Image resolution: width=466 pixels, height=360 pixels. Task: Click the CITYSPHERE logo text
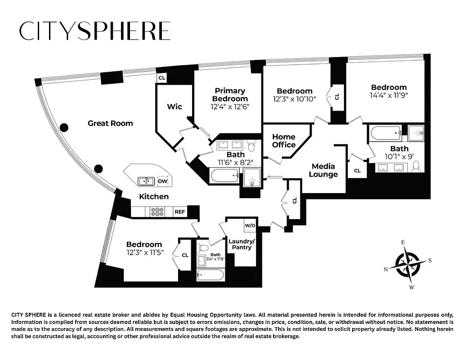click(x=94, y=31)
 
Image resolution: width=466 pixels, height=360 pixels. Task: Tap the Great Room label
click(x=110, y=123)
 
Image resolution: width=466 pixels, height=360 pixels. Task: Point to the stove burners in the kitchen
click(x=158, y=211)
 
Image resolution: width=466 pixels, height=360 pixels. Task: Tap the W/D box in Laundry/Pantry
click(x=250, y=225)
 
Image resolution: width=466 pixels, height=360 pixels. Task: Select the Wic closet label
click(x=175, y=107)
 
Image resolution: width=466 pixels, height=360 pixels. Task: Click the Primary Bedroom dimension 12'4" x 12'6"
click(x=229, y=107)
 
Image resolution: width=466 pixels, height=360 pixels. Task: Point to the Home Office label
click(x=284, y=141)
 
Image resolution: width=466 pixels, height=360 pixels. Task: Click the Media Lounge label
click(x=323, y=171)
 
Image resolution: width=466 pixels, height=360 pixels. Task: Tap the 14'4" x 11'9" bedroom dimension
click(x=389, y=95)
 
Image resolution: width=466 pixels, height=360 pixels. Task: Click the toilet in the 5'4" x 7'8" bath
click(x=203, y=247)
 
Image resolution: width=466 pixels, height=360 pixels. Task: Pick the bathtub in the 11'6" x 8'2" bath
click(x=225, y=175)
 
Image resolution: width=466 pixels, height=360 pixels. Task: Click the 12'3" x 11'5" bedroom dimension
click(x=144, y=253)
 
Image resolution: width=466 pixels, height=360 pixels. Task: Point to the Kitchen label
click(x=154, y=197)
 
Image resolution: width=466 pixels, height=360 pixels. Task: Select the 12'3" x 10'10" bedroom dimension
click(x=295, y=99)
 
